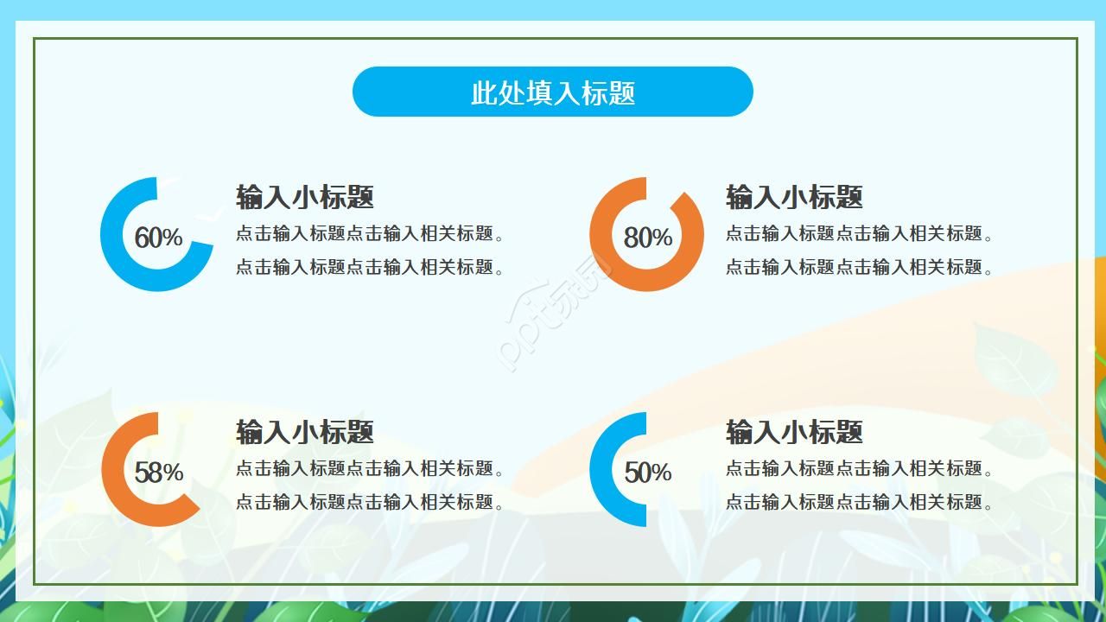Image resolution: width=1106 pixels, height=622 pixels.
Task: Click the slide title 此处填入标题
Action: tap(553, 92)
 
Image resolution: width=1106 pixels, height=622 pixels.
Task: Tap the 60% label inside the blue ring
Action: tap(159, 238)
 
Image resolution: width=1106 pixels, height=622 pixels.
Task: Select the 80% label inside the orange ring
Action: tap(648, 238)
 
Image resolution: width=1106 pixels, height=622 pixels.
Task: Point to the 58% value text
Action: tap(159, 473)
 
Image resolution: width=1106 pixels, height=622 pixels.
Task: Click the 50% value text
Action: tap(648, 473)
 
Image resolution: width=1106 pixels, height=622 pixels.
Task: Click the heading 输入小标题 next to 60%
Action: tap(305, 197)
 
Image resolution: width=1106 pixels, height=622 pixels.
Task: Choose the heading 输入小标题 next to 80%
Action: tap(794, 197)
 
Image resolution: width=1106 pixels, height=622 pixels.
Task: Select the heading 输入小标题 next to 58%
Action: tap(305, 432)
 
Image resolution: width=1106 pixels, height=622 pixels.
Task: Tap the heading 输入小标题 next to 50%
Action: tap(794, 432)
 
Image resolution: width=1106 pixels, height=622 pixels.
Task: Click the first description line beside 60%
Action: tap(370, 234)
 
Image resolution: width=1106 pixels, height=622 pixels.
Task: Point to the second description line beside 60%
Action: tap(370, 267)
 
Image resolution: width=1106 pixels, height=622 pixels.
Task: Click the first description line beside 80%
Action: tap(860, 234)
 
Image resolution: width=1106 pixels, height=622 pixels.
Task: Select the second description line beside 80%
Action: tap(860, 267)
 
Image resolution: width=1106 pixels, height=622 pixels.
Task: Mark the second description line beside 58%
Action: tap(370, 502)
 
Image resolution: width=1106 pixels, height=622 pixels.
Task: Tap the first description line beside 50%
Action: tap(860, 469)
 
